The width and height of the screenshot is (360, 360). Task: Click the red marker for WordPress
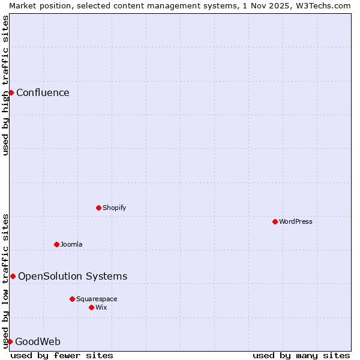pyautogui.click(x=275, y=221)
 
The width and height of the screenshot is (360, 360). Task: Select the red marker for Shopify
pyautogui.click(x=98, y=208)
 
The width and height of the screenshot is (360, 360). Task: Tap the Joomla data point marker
pyautogui.click(x=56, y=244)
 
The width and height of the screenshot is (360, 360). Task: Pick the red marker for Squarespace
pyautogui.click(x=72, y=299)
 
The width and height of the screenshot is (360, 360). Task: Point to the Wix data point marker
pyautogui.click(x=91, y=307)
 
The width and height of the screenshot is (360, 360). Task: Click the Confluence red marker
pyautogui.click(x=11, y=92)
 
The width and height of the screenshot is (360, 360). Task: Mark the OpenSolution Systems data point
pyautogui.click(x=13, y=276)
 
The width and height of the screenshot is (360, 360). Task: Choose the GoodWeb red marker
pyautogui.click(x=10, y=341)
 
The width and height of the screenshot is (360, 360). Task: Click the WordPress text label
pyautogui.click(x=295, y=221)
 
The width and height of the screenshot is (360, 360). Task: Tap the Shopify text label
pyautogui.click(x=114, y=208)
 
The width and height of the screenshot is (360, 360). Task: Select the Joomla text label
pyautogui.click(x=71, y=244)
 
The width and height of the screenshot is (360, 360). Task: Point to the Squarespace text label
pyautogui.click(x=97, y=299)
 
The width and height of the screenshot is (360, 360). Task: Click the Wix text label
pyautogui.click(x=101, y=307)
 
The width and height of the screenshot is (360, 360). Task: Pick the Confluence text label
pyautogui.click(x=43, y=92)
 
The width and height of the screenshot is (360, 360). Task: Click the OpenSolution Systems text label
pyautogui.click(x=73, y=276)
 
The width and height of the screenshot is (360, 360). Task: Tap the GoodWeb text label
pyautogui.click(x=38, y=342)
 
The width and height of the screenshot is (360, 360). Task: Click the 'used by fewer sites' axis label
pyautogui.click(x=62, y=355)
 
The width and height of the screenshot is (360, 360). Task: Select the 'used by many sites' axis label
pyautogui.click(x=301, y=355)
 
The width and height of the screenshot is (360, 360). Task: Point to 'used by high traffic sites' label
pyautogui.click(x=5, y=85)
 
